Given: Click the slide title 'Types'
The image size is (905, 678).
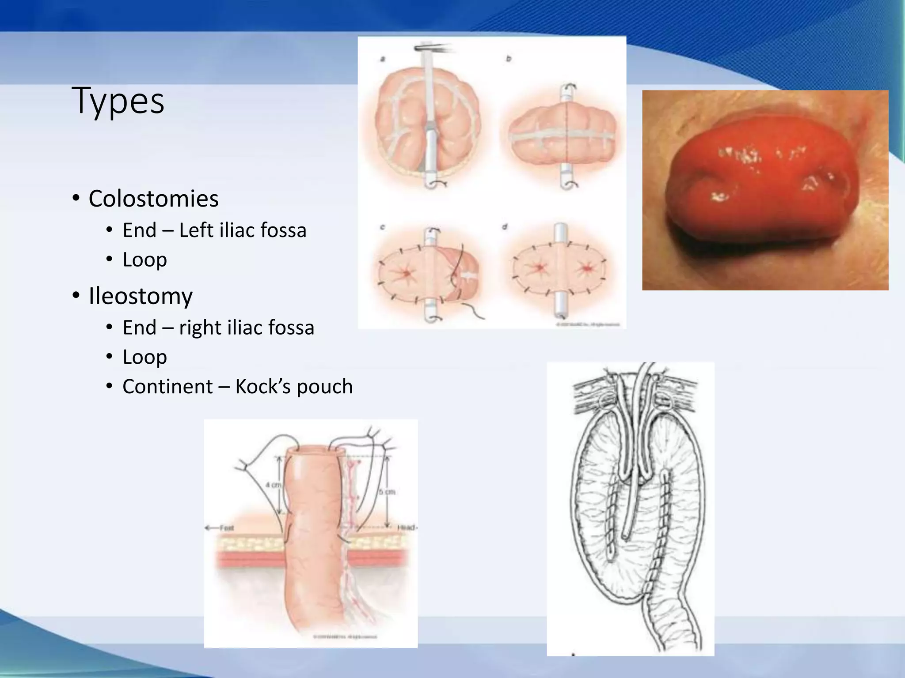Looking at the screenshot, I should click(x=118, y=101).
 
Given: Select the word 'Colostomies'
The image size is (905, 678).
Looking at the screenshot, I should click(x=153, y=199).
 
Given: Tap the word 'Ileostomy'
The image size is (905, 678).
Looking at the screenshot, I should click(x=141, y=296).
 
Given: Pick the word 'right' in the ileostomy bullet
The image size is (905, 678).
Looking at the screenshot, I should click(x=200, y=328).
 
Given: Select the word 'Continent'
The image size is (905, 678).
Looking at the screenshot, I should click(x=167, y=387).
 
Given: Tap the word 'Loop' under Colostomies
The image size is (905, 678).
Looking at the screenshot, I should click(x=144, y=260).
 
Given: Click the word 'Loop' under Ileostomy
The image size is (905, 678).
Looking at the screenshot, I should click(x=144, y=357).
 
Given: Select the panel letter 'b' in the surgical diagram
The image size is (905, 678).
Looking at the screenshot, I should click(x=509, y=58).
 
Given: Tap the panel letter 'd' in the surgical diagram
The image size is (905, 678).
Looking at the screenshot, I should click(x=505, y=227).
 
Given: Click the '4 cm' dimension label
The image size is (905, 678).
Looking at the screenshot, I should click(x=273, y=485).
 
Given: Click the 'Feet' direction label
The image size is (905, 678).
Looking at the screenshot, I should click(x=226, y=527).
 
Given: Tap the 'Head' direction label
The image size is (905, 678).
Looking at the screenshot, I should click(x=407, y=527).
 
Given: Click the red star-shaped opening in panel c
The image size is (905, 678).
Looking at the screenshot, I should click(x=406, y=273).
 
